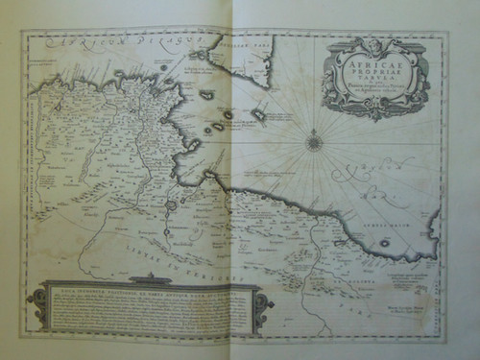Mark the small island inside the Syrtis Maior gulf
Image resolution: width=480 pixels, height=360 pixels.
(384, 243)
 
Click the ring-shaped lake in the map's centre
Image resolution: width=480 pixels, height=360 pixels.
(172, 204)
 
